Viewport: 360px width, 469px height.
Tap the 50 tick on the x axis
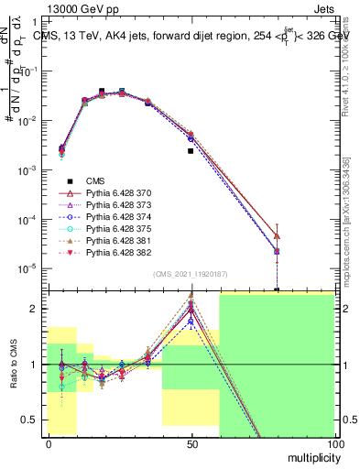pyautogui.click(x=191, y=442)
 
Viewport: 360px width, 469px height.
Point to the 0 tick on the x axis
pyautogui.click(x=49, y=442)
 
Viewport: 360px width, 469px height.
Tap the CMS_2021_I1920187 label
pyautogui.click(x=190, y=273)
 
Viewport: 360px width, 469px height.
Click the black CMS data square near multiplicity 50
pyautogui.click(x=191, y=151)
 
